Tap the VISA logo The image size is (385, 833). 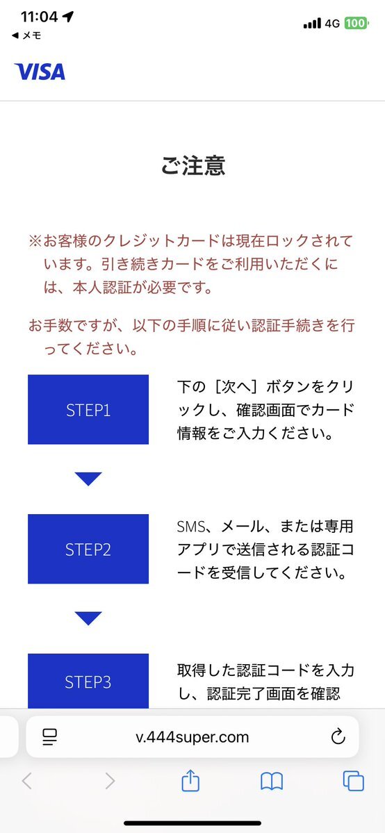click(40, 72)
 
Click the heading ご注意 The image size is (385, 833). click(193, 166)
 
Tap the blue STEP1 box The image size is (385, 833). click(88, 410)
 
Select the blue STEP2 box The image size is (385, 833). click(88, 549)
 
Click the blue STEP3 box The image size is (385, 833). click(88, 682)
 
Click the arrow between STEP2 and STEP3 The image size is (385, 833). click(88, 618)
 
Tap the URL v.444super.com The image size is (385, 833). click(192, 737)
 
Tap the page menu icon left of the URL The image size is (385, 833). click(50, 737)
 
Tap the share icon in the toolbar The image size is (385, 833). click(190, 781)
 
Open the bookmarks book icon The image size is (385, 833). click(272, 782)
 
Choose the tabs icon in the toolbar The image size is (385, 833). click(354, 781)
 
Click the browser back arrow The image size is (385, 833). click(27, 781)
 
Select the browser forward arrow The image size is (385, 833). click(110, 781)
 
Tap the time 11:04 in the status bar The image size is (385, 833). click(39, 17)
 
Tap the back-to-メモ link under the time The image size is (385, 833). click(26, 35)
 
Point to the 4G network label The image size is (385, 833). click(332, 24)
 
